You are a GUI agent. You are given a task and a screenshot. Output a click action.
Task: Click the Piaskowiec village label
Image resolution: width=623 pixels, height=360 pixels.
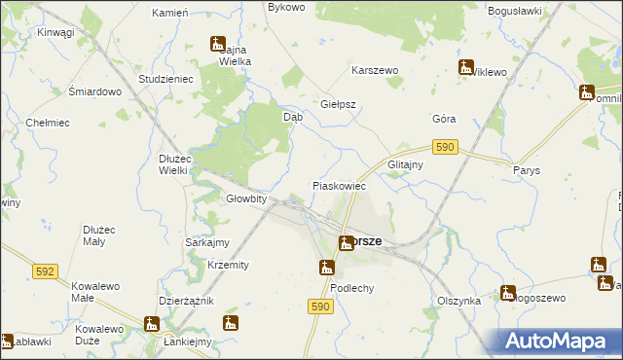338,185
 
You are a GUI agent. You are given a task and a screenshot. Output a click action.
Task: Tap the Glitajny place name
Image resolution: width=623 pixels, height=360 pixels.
405,165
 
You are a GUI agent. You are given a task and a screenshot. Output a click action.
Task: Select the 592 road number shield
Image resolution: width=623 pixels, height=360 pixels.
45,271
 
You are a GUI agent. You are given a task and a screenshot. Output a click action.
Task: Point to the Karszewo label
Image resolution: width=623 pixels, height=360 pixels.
375,72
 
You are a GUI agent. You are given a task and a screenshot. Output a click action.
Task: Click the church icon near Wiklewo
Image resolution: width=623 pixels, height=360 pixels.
467,67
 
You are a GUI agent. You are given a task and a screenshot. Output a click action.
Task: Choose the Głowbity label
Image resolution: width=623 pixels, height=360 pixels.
246,198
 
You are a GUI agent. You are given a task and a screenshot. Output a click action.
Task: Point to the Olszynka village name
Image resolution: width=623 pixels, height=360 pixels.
459,302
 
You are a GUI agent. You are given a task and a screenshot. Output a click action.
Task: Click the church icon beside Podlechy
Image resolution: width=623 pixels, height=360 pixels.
327,268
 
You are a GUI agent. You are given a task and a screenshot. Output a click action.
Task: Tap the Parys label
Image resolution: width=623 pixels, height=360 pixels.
526,169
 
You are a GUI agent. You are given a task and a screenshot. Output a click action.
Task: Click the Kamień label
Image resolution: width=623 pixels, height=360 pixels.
169,14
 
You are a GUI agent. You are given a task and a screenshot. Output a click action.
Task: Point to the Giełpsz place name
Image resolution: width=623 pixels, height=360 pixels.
338,104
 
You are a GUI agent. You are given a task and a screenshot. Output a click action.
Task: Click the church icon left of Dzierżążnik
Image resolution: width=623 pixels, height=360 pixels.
152,324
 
